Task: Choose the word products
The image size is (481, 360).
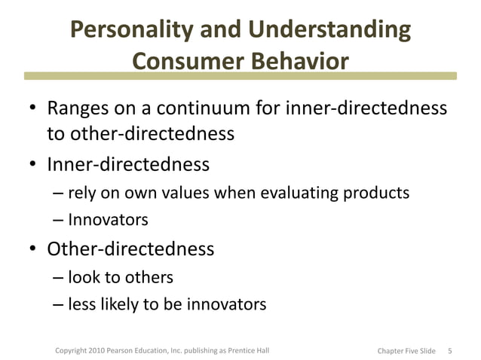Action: tap(375, 193)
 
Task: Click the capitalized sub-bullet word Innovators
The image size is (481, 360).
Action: tap(108, 220)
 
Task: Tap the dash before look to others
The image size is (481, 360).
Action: tap(59, 277)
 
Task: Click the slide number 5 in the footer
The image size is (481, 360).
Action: tap(449, 350)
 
